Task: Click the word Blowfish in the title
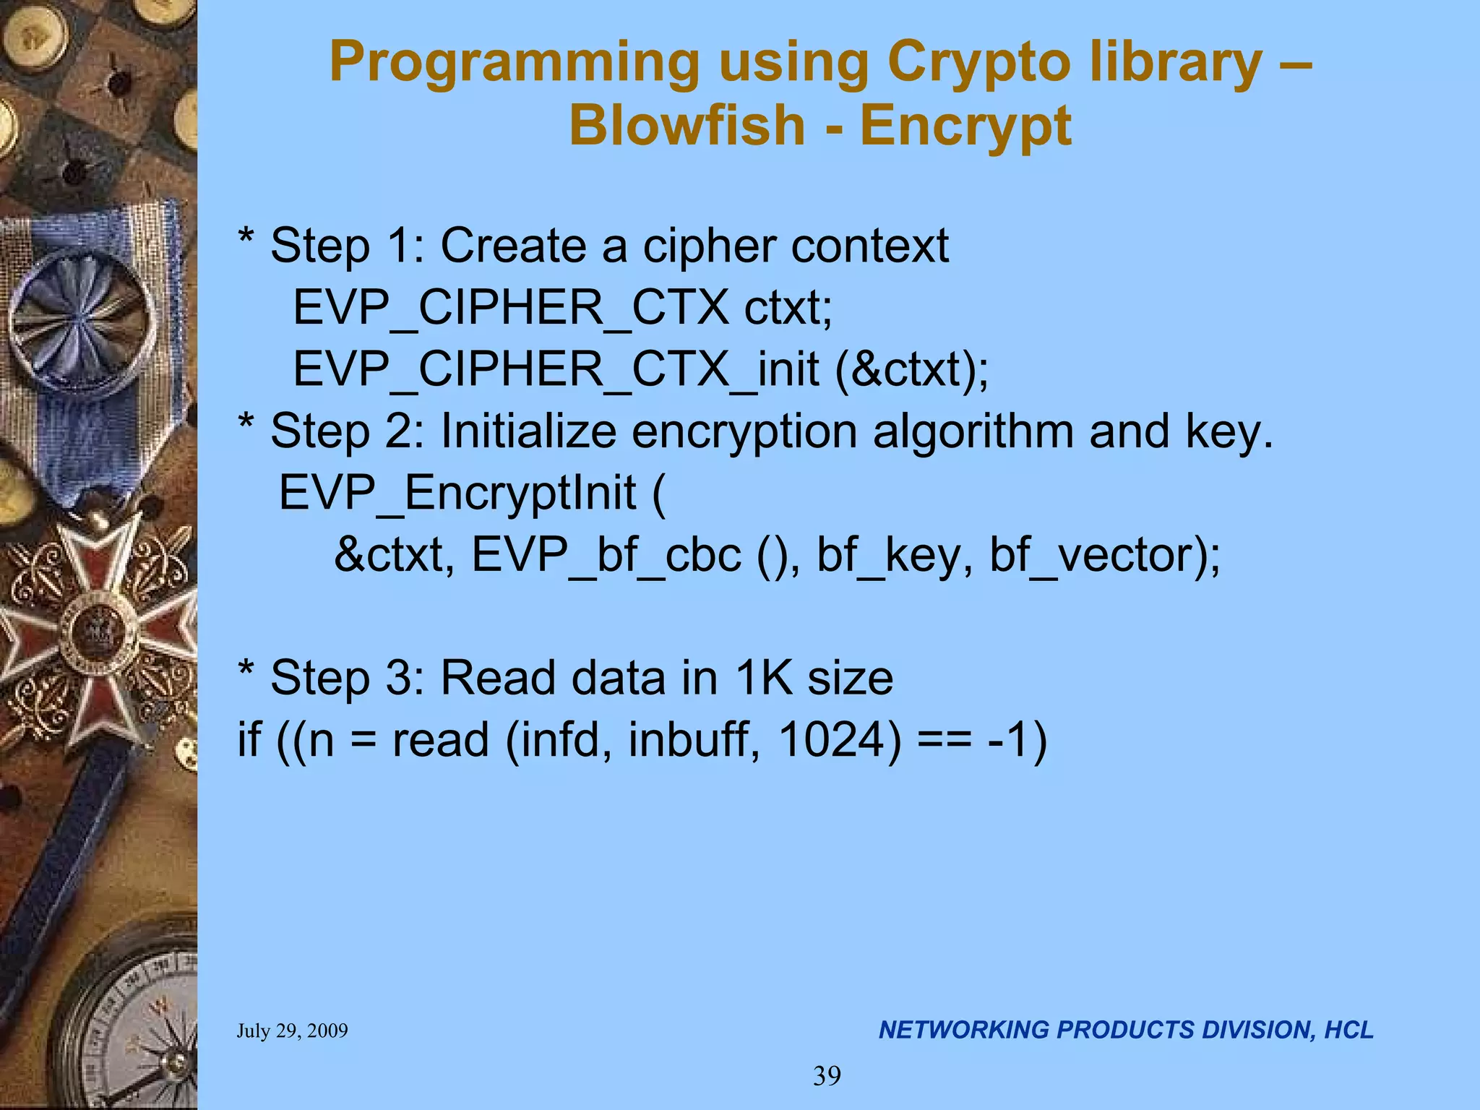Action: [687, 125]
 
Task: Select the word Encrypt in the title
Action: [965, 125]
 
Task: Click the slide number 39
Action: [827, 1076]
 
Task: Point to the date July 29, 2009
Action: [292, 1031]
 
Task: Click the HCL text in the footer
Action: [1348, 1030]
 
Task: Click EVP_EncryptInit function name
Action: [457, 493]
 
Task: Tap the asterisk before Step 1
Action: [246, 238]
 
